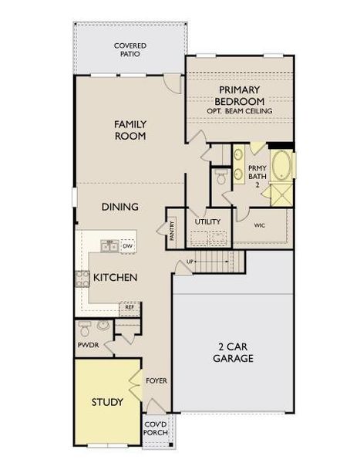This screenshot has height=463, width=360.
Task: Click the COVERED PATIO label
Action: coord(130,51)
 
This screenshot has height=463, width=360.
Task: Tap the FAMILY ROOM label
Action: coord(130,130)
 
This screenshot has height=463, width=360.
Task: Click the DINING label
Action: coord(120,207)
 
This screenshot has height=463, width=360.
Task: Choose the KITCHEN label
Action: coord(116,277)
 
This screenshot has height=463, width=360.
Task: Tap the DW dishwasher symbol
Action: coord(128,246)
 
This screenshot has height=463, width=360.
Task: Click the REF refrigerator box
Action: coord(131,307)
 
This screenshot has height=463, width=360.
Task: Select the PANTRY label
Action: coord(171,229)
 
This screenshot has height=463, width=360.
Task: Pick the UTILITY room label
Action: coord(207,221)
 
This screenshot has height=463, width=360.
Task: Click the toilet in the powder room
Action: coord(85,326)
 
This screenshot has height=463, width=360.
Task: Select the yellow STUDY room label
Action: coord(107,402)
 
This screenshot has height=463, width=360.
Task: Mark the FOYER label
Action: coord(156,380)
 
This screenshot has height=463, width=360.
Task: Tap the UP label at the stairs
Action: coord(190,263)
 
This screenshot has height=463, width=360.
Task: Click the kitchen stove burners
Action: coord(82,279)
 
